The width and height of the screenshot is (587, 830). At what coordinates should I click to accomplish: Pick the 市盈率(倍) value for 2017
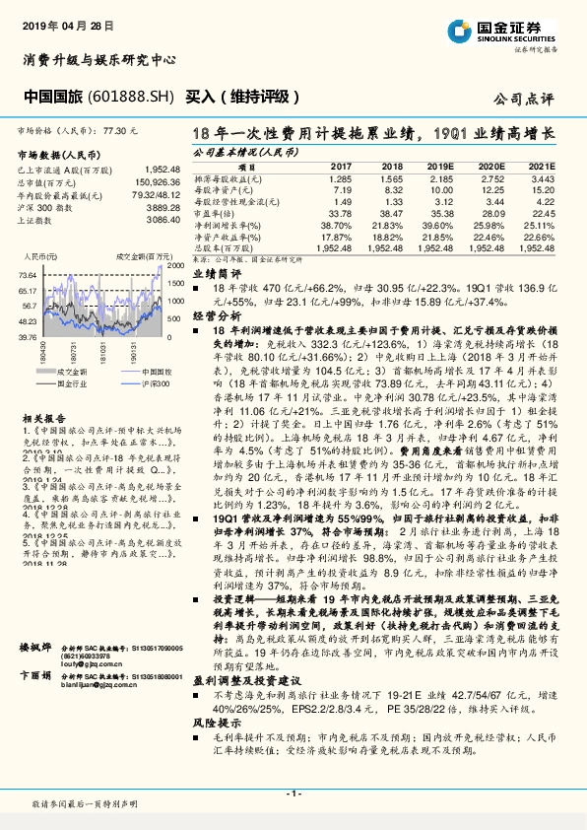point(338,213)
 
